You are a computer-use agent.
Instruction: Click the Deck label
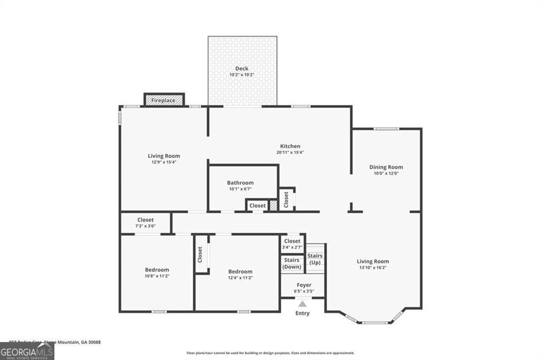(x=242, y=68)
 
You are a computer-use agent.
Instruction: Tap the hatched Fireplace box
(x=164, y=100)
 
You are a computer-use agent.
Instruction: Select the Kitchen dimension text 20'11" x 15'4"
(x=290, y=153)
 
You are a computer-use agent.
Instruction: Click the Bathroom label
(x=240, y=183)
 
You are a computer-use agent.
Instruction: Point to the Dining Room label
(x=386, y=167)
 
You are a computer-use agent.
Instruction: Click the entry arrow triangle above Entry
(x=302, y=304)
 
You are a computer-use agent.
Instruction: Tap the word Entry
(x=302, y=313)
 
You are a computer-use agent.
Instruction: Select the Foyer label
(x=304, y=285)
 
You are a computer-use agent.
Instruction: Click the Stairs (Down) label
(x=292, y=263)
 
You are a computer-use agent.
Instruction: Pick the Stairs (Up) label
(x=315, y=259)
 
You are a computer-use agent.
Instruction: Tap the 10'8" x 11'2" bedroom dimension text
(x=157, y=276)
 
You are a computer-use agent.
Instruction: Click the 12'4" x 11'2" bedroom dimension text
(x=240, y=278)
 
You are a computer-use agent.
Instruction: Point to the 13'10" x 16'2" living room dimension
(x=372, y=268)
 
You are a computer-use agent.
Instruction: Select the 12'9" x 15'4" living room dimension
(x=163, y=162)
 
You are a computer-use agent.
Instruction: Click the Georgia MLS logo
(x=27, y=352)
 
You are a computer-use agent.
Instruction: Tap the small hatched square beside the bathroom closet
(x=273, y=205)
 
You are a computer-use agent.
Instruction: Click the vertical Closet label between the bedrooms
(x=200, y=254)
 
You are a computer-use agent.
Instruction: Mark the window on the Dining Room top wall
(x=386, y=129)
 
